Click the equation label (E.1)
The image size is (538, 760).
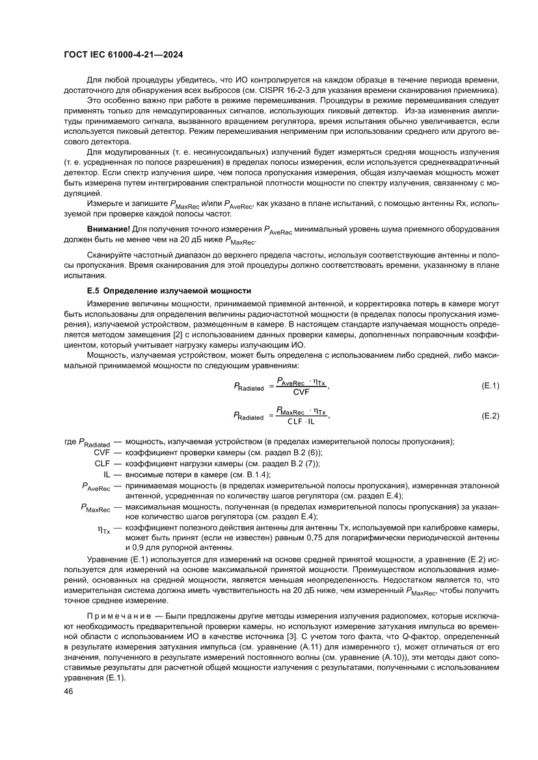pyautogui.click(x=489, y=386)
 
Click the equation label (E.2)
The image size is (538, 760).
pyautogui.click(x=489, y=415)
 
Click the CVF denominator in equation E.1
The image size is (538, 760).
pyautogui.click(x=301, y=392)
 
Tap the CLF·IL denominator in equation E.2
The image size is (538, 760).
pyautogui.click(x=301, y=421)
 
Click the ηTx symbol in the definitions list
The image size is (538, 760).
pyautogui.click(x=103, y=530)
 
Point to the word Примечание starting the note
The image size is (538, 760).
pyautogui.click(x=114, y=614)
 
